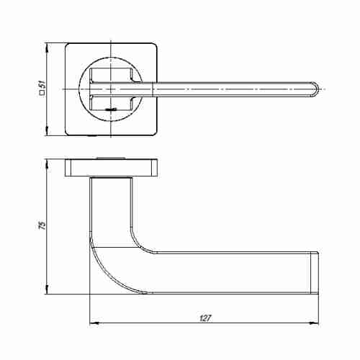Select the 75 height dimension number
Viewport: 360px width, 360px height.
(x=42, y=225)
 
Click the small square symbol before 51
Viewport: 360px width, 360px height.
(x=42, y=93)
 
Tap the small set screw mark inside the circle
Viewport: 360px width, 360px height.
(x=109, y=108)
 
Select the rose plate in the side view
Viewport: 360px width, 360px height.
(x=112, y=168)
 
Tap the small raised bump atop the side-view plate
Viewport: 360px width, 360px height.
(x=112, y=157)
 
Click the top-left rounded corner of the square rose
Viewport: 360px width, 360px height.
(x=70, y=48)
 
